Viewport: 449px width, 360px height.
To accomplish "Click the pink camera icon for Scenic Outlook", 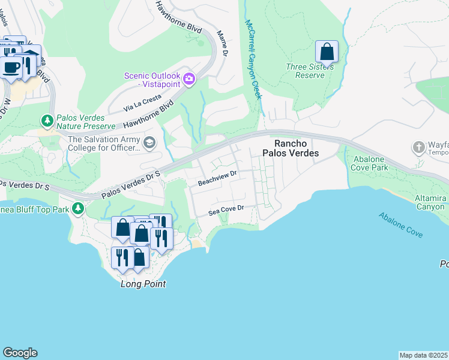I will pos(189,79).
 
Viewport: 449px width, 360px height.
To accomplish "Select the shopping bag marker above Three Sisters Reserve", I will pos(327,52).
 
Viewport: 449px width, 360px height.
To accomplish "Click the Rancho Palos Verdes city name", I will pos(296,148).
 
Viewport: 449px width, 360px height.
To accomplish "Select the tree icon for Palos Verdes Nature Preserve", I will pos(47,122).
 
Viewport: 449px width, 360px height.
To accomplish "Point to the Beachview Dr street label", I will pos(218,173).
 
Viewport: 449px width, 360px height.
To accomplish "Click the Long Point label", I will pos(143,284).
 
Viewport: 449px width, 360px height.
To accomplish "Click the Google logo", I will pos(20,353).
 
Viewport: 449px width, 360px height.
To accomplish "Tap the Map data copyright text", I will pos(423,355).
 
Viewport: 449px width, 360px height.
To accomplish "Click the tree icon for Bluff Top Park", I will pos(77,208).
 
